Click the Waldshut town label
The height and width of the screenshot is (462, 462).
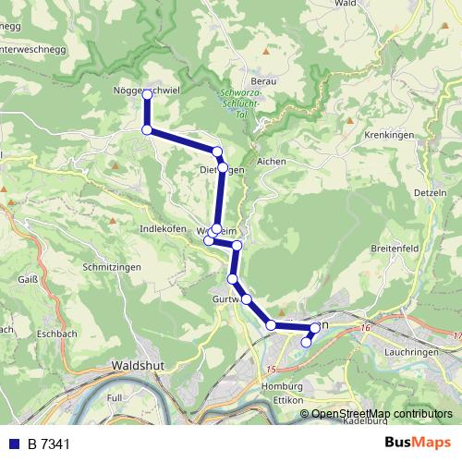[138, 366]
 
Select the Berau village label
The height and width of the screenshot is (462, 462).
[263, 81]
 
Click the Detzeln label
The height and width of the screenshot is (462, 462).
[432, 192]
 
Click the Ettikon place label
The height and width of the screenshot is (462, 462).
[289, 399]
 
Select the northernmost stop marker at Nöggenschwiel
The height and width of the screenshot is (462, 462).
[147, 94]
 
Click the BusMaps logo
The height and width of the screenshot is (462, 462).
[417, 443]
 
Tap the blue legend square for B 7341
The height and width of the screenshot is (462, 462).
[13, 444]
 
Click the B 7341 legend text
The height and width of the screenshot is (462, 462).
[49, 444]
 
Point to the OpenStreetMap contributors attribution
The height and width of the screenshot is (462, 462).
[382, 413]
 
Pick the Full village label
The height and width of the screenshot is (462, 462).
[115, 396]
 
